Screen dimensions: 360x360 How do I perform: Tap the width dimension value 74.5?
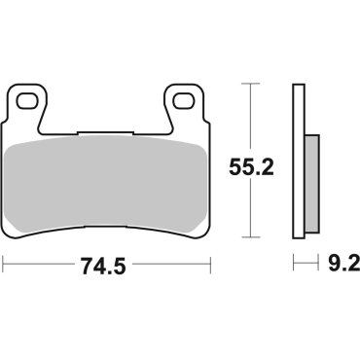point(107,264)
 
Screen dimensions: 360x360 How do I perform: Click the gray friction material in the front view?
point(107,180)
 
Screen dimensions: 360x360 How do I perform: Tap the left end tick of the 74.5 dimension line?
point(4,264)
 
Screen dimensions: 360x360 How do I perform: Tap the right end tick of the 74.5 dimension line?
point(211,264)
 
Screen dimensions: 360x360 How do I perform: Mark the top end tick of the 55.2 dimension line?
point(252,86)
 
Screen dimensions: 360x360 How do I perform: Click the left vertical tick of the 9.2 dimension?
point(294,264)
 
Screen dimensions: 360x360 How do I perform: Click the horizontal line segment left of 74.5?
point(43,264)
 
